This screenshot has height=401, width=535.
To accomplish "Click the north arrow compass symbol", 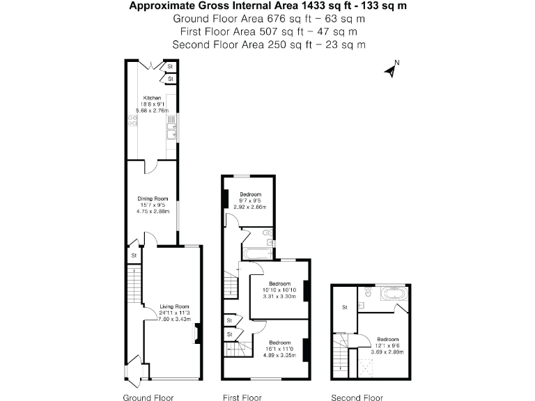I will point(392,69).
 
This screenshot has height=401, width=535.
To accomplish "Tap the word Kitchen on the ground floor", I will point(153,97).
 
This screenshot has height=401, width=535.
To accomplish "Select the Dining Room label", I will point(152,198).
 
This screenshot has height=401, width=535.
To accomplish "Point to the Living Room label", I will point(174,306).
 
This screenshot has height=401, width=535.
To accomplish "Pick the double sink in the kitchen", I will point(171,126).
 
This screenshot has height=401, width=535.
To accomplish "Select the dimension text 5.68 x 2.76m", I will point(153,110).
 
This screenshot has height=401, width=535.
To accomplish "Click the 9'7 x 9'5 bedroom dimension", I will point(250,200).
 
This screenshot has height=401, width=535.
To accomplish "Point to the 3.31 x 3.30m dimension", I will point(279,296).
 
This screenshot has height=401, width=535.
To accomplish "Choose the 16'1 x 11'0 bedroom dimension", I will point(279,349).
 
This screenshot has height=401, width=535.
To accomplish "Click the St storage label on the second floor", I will point(344,307).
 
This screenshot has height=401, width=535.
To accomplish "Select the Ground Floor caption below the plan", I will point(148,398).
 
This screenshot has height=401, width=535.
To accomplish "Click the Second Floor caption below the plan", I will point(357,398).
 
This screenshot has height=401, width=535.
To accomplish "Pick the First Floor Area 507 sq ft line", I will point(268,31).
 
